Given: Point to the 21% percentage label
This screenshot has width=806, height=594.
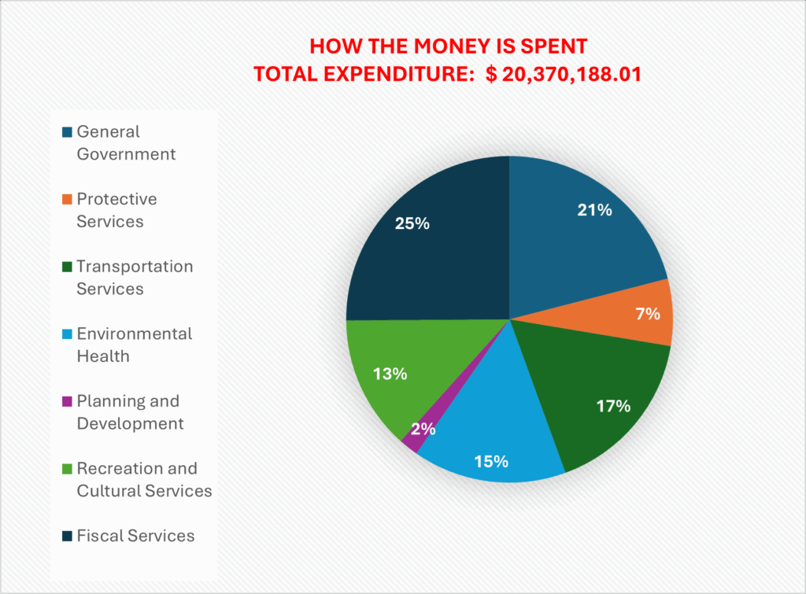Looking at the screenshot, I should (593, 210).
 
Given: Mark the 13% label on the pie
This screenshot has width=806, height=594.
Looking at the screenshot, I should (390, 374).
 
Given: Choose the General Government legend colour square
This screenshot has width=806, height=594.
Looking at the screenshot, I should (67, 132).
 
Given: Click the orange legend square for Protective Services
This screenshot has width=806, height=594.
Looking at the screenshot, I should (67, 200).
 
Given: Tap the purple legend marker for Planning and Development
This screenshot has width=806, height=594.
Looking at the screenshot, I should (67, 401).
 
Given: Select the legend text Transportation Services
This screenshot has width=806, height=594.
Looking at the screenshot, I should (134, 277).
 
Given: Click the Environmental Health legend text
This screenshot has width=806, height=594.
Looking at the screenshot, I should (134, 345).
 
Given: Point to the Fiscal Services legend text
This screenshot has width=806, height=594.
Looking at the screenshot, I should (135, 536).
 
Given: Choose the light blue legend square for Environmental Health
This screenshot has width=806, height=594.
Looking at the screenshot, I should (67, 334).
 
